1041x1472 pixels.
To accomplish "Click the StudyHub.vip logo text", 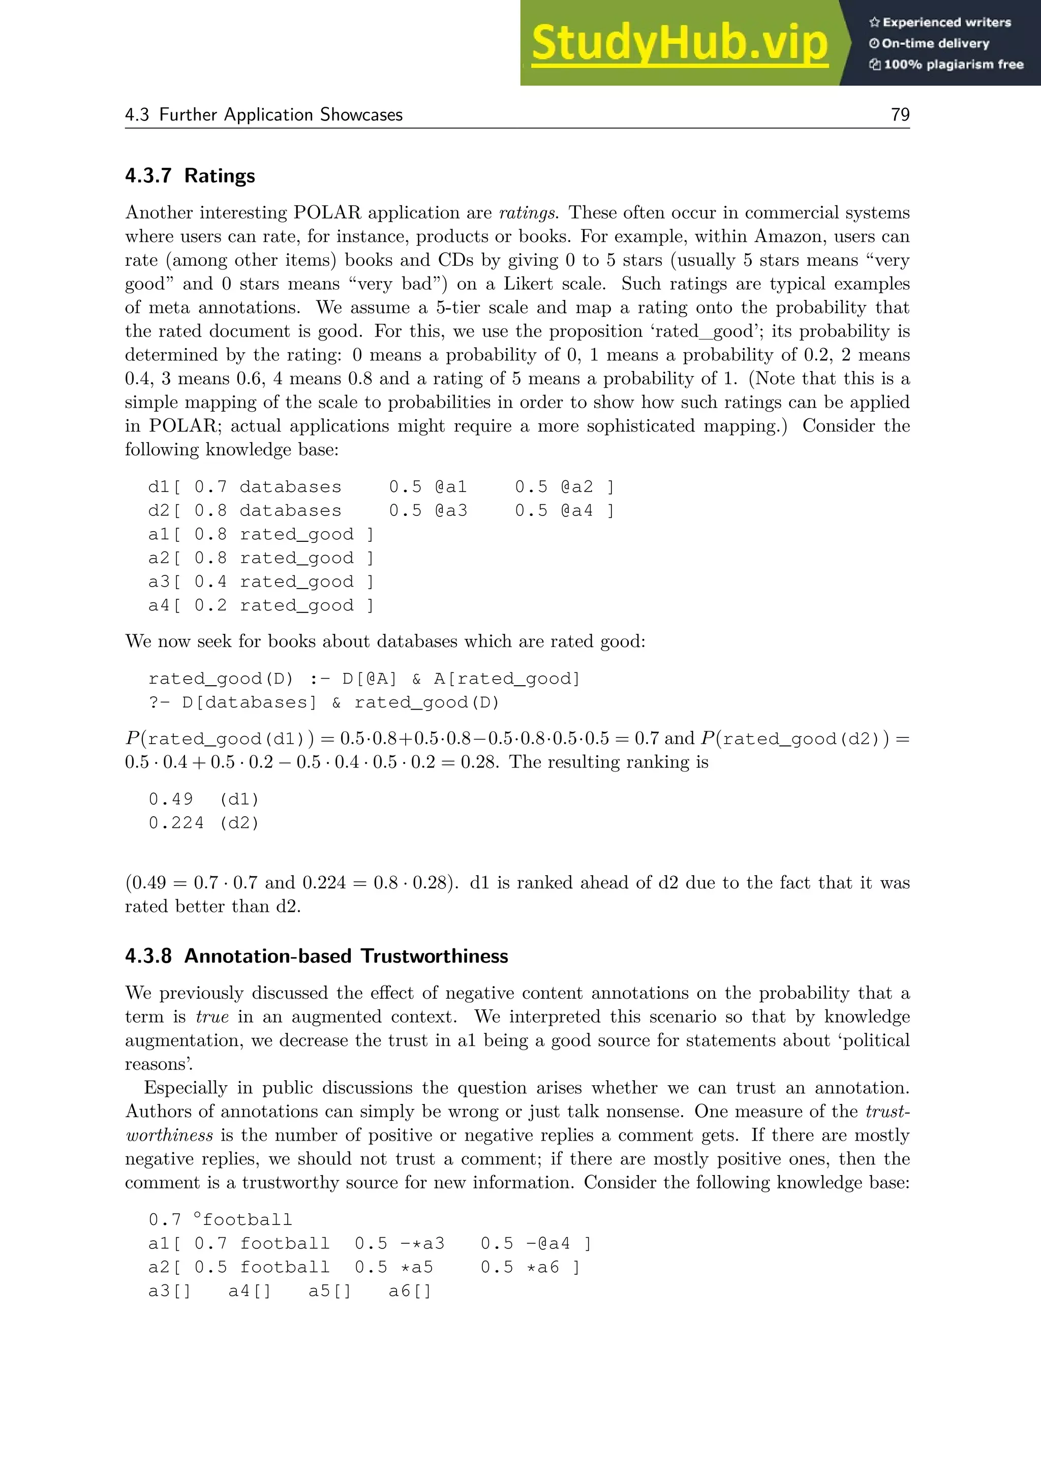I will click(680, 43).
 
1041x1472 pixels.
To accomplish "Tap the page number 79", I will click(900, 115).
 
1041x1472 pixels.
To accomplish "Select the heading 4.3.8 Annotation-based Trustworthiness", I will click(316, 956).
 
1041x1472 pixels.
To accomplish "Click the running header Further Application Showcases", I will click(281, 115).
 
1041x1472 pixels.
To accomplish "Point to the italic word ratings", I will click(528, 213).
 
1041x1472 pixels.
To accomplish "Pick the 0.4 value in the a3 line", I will click(210, 582).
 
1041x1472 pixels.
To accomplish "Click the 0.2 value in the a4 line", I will click(210, 606).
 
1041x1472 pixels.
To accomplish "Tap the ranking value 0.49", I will click(170, 800).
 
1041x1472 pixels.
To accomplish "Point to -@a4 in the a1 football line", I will click(548, 1244).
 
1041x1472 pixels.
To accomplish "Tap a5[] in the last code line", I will click(329, 1291).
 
